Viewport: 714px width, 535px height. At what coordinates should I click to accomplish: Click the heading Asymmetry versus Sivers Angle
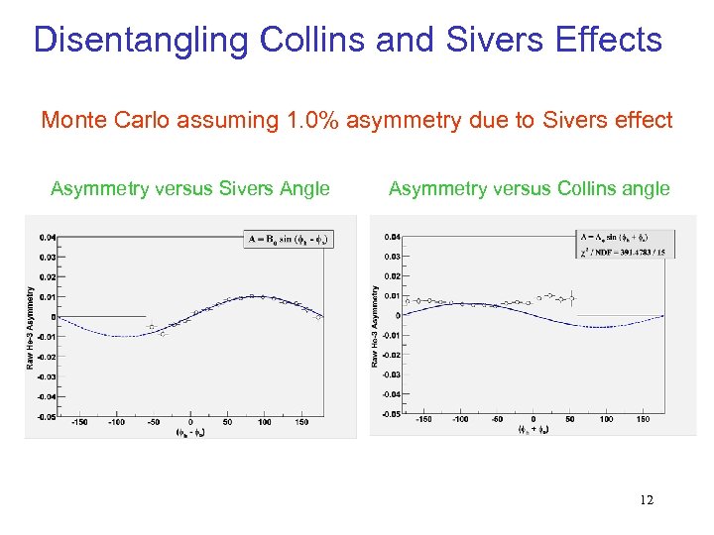(x=190, y=188)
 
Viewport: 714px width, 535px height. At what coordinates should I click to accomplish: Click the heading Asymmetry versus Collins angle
(x=530, y=188)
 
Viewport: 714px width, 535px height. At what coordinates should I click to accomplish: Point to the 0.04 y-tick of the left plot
(x=48, y=237)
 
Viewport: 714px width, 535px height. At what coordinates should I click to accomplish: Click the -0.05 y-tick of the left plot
(x=48, y=417)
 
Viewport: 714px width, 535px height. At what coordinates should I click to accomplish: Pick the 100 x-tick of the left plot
(x=264, y=422)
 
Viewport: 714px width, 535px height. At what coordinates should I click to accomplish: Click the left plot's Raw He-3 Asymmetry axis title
(x=31, y=327)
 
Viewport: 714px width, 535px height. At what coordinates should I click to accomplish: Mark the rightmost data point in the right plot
(x=572, y=297)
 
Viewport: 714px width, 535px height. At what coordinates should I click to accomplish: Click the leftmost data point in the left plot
(x=151, y=327)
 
